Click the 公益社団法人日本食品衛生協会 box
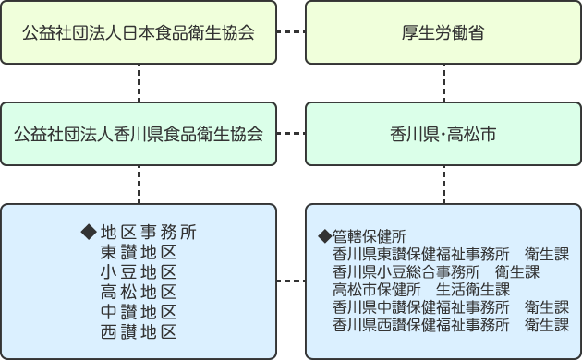[139, 33]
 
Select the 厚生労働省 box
[443, 33]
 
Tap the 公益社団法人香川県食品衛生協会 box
[139, 134]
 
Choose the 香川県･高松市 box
[443, 134]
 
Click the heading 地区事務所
[148, 231]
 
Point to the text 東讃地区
[138, 251]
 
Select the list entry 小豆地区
[138, 271]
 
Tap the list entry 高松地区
[138, 292]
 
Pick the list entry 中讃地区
[138, 312]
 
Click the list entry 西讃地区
[138, 332]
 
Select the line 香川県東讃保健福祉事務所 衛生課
[450, 253]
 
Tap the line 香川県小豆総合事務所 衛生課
[435, 271]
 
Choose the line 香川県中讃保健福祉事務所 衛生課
[450, 307]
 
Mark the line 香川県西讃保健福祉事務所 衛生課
[450, 325]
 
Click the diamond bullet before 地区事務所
[90, 231]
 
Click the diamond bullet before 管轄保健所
[324, 235]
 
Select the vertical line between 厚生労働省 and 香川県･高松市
[443, 83]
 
